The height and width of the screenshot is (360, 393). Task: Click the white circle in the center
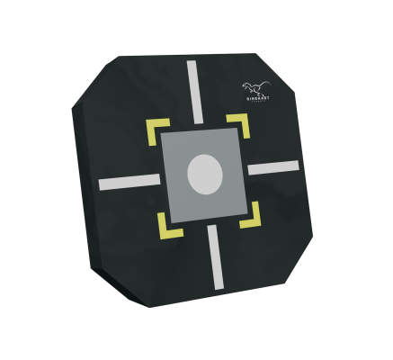[203, 174]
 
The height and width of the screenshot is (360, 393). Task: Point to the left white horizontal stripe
[130, 182]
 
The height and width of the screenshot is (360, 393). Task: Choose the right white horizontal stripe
[273, 166]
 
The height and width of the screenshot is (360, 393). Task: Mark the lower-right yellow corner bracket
[252, 216]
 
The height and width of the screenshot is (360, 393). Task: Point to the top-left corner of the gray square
[161, 134]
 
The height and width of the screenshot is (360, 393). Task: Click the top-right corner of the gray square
[238, 128]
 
